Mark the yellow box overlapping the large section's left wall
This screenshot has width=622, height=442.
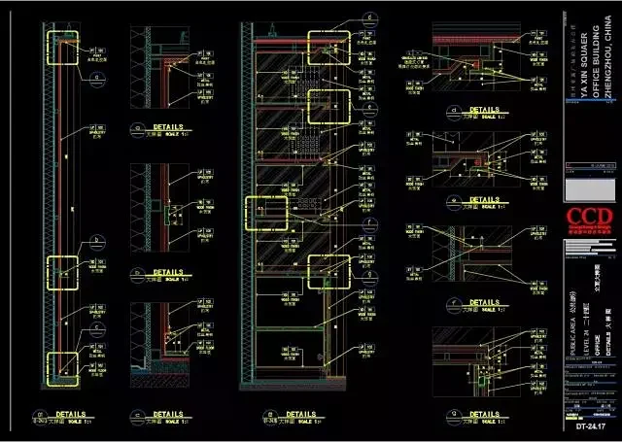click(262, 214)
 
